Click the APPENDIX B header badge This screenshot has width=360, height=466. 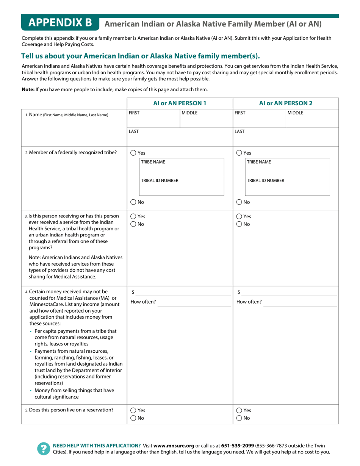coord(60,23)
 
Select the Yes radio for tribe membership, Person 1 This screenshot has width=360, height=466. coord(133,153)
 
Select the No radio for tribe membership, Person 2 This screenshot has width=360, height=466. coord(239,202)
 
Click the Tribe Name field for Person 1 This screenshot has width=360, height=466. coord(182,168)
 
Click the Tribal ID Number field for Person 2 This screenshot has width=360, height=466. coord(288,187)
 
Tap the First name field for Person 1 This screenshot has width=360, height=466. coord(153,119)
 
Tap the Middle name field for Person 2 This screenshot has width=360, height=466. coord(312,119)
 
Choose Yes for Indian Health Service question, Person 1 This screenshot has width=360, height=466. coord(133,216)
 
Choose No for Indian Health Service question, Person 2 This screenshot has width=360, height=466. coord(239,224)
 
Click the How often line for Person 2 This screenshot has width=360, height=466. coord(300,302)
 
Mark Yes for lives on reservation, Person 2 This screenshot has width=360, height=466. coord(239,410)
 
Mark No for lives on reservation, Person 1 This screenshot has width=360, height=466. coord(133,418)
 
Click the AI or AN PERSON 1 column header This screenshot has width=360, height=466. coord(180,103)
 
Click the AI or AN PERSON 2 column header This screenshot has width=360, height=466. coord(286,103)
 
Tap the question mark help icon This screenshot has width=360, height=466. coord(44,449)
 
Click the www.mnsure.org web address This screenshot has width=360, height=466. coord(174,446)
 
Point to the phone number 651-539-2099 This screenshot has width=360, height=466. coord(238,446)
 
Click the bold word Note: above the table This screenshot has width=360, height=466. coord(28,90)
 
